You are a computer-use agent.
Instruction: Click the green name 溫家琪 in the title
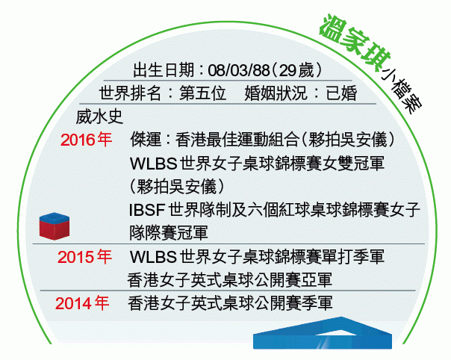click(x=355, y=42)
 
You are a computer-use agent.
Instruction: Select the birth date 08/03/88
click(x=239, y=70)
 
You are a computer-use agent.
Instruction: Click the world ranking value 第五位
click(x=202, y=93)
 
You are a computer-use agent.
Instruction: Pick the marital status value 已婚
click(x=342, y=93)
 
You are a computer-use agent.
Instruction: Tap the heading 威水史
click(x=99, y=117)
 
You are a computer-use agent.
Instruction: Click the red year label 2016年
click(x=86, y=140)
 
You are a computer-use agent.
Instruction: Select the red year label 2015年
click(x=84, y=257)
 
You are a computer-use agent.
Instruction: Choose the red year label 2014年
click(x=82, y=303)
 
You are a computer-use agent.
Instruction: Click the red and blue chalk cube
click(x=55, y=226)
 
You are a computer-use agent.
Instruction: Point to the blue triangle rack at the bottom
click(x=323, y=333)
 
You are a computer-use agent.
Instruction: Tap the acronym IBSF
click(x=146, y=210)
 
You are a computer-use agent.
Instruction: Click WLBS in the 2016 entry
click(x=153, y=164)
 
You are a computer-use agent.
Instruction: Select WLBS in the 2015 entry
click(x=153, y=257)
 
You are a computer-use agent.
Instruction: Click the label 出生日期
click(x=164, y=70)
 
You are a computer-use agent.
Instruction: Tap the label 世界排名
click(x=130, y=93)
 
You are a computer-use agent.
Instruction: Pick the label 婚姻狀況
click(x=276, y=93)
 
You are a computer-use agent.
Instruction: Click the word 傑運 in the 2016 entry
click(x=146, y=140)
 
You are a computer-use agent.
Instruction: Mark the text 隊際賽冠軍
click(x=168, y=233)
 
